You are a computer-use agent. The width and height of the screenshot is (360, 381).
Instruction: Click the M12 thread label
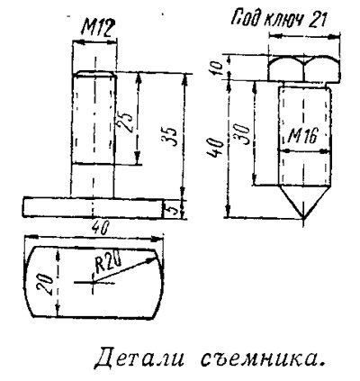(x=97, y=29)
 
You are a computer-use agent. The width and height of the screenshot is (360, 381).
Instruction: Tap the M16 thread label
(x=302, y=137)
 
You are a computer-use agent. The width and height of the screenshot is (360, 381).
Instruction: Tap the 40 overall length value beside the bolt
(x=215, y=148)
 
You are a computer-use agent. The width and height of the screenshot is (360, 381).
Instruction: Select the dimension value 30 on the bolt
(x=243, y=135)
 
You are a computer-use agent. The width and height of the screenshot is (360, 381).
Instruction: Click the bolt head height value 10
(x=220, y=68)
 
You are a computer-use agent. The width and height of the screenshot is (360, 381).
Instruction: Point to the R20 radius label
(x=108, y=263)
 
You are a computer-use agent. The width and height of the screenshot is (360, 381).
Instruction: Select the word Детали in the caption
(x=139, y=358)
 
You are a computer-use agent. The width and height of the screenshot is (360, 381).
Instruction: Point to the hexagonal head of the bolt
(x=304, y=68)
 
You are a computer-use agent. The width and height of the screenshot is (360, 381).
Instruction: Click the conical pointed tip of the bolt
(x=303, y=200)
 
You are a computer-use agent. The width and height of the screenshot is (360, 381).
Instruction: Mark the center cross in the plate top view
(x=94, y=282)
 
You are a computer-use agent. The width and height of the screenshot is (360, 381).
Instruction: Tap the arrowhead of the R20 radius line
(x=151, y=260)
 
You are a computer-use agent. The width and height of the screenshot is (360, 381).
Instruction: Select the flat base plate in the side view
(x=93, y=207)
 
